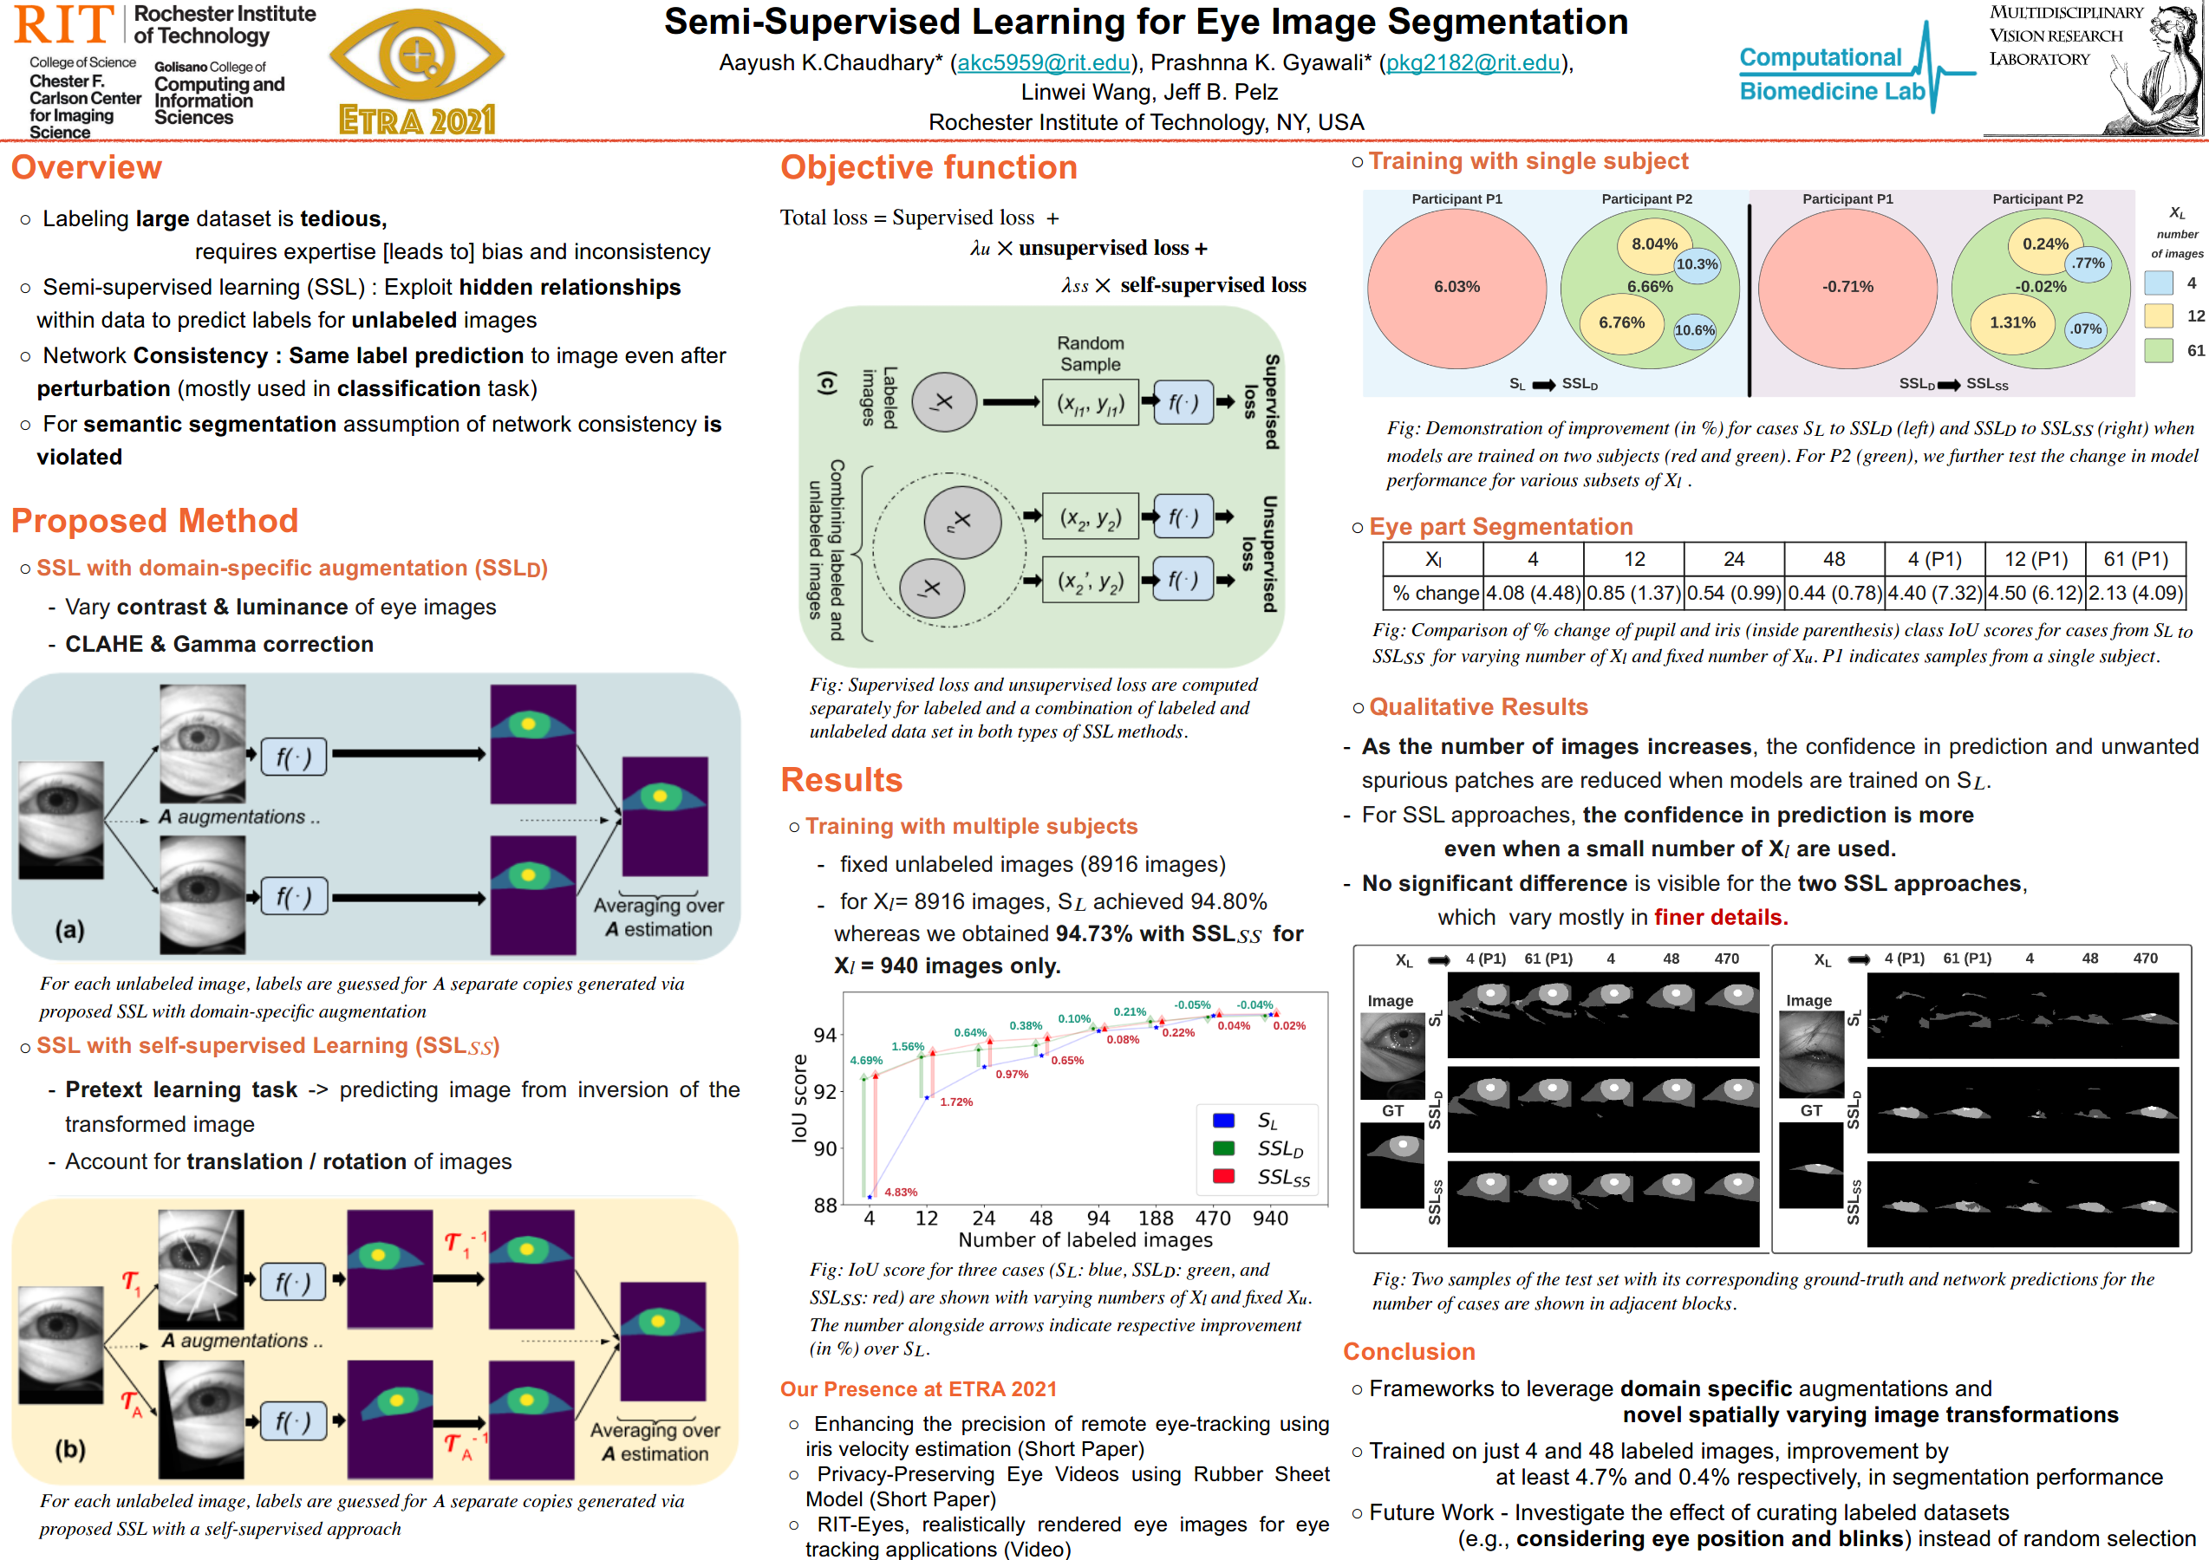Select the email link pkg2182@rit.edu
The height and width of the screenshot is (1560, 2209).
(x=1472, y=63)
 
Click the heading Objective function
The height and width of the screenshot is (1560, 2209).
(x=929, y=167)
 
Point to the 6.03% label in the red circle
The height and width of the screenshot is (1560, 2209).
(x=1456, y=287)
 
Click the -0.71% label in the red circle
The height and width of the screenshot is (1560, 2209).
(x=1847, y=287)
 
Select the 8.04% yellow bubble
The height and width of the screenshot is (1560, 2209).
(x=1654, y=244)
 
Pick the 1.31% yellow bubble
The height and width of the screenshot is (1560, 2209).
(x=2011, y=322)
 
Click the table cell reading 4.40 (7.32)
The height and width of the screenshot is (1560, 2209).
(x=1934, y=593)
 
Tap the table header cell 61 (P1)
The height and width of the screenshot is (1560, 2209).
(x=2135, y=560)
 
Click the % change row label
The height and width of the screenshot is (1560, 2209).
(x=1435, y=593)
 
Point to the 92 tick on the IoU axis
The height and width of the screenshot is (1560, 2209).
(x=824, y=1092)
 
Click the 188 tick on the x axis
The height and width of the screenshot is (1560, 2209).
(x=1156, y=1219)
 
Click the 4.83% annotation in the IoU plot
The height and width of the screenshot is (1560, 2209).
(x=901, y=1193)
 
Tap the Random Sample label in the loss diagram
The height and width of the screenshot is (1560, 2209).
(x=1090, y=354)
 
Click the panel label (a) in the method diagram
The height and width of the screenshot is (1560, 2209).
(x=69, y=929)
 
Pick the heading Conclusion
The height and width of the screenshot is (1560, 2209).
(x=1409, y=1351)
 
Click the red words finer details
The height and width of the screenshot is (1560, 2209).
(x=1720, y=917)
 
